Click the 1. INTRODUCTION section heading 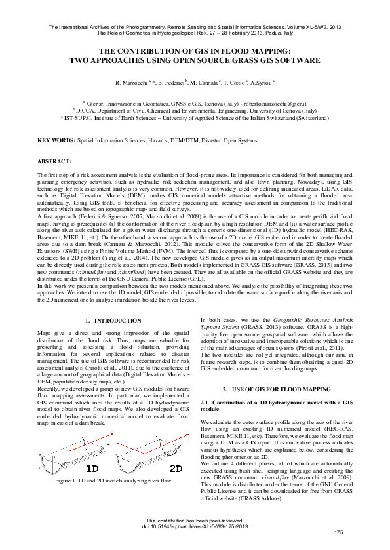[x=113, y=320]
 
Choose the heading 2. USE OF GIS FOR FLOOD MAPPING [x=276, y=389]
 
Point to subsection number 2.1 [x=204, y=401]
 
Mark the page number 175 [x=338, y=531]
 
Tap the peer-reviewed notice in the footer [x=195, y=519]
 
